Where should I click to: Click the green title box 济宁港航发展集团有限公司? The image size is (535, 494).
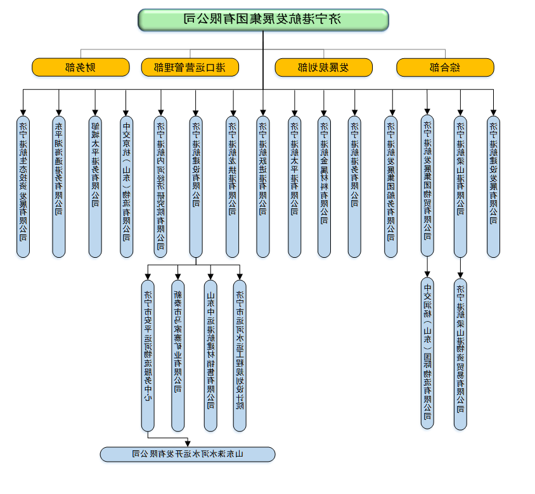263,20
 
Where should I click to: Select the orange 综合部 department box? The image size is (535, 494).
445,66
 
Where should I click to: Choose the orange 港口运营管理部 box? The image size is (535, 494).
190,66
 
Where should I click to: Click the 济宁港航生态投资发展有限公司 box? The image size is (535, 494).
23,186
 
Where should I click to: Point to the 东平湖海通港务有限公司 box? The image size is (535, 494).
59,186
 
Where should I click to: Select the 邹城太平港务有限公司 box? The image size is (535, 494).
95,186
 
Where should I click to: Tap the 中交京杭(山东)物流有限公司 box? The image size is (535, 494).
126,186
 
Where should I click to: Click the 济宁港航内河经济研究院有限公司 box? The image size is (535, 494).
161,186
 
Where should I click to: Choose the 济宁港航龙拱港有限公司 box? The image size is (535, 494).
233,186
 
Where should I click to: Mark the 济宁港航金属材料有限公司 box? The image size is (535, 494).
324,186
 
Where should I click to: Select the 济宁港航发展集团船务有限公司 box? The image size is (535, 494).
391,186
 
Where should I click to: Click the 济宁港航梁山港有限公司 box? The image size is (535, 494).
460,186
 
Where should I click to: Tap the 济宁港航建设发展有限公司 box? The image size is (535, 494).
493,186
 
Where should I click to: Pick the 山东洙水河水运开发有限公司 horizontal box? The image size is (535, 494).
188,454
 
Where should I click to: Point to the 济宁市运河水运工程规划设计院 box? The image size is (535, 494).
240,356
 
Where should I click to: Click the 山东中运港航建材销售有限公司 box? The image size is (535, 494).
210,356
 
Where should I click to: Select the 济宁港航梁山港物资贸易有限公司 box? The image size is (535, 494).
460,354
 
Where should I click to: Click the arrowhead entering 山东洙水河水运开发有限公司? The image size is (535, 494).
188,444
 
